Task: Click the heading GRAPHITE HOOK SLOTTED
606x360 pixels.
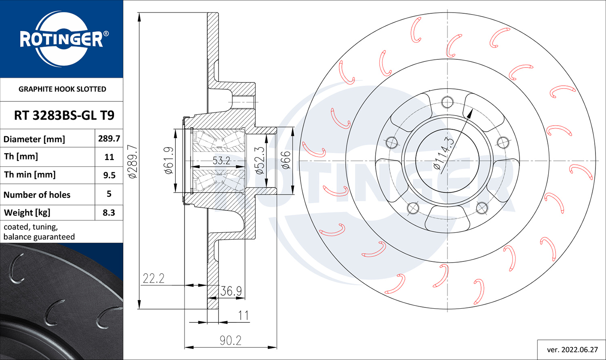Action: [62, 89]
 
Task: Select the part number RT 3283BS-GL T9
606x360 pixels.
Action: [64, 116]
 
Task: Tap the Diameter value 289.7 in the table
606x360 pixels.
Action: [109, 139]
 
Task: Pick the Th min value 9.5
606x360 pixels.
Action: [109, 175]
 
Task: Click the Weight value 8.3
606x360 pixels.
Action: [109, 213]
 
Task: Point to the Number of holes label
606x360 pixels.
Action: [37, 195]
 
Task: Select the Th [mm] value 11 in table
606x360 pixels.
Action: [109, 157]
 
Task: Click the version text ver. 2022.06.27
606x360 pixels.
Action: [572, 350]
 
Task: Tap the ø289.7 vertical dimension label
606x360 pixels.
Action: [133, 162]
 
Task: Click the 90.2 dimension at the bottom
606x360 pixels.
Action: [231, 341]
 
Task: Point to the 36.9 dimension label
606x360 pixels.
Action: [231, 291]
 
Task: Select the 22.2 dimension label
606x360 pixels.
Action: [154, 278]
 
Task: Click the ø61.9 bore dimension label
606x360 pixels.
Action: [169, 160]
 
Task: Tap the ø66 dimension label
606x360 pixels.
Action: [286, 160]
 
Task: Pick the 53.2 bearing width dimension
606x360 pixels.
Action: [221, 161]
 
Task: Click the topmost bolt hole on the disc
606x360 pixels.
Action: [448, 102]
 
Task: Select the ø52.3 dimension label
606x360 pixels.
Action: [260, 161]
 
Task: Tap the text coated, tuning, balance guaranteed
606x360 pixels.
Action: [39, 232]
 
